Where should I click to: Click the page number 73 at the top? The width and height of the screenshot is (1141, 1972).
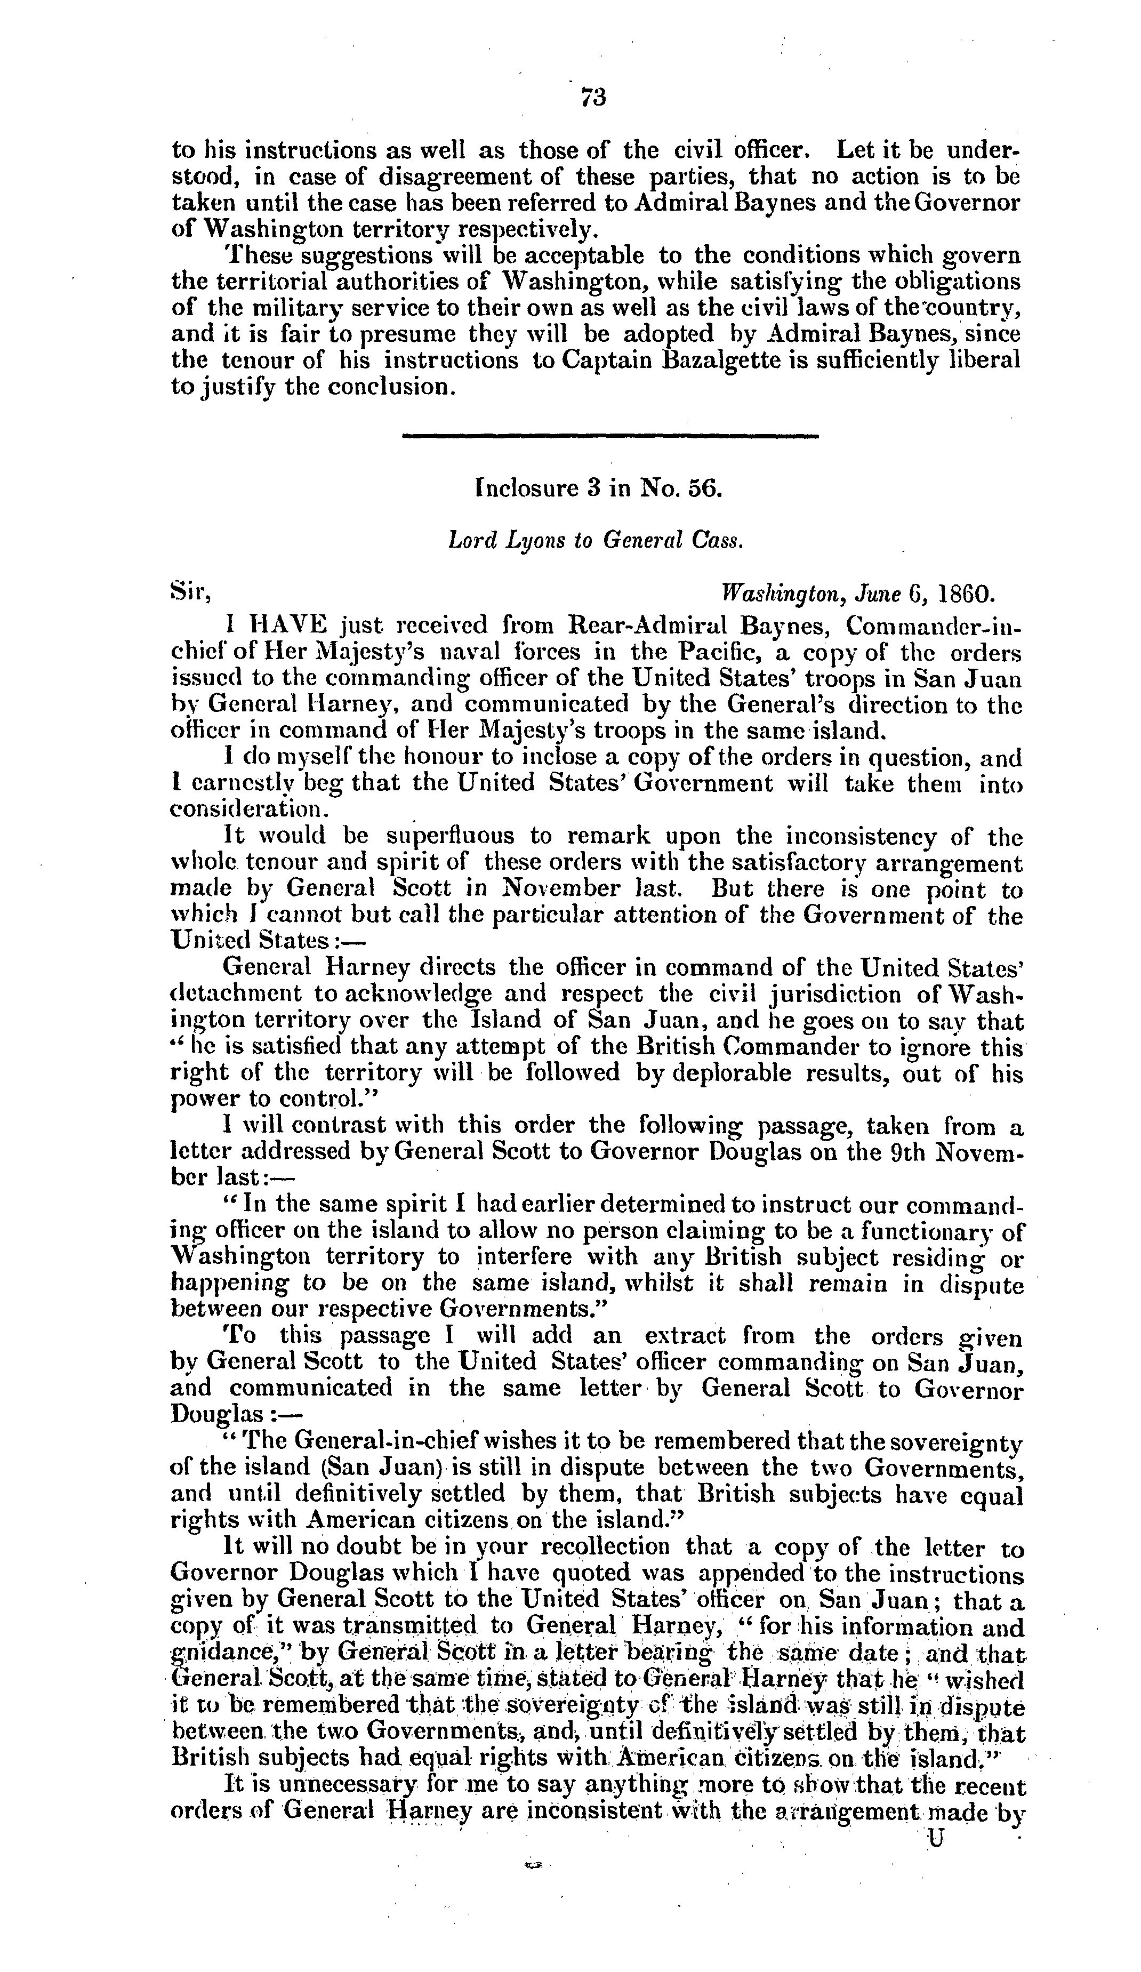point(592,97)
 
